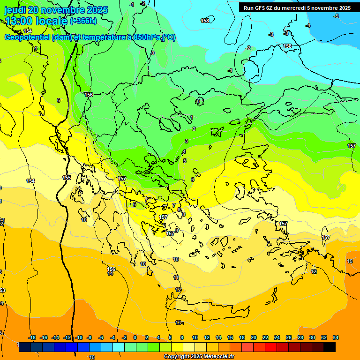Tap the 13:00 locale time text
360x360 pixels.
coord(36,21)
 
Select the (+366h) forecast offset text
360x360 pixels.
coord(83,21)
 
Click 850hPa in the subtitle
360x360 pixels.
coord(146,37)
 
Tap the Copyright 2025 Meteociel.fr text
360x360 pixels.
coord(199,357)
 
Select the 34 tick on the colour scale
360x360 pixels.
coord(336,337)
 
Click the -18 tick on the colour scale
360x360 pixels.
coord(32,337)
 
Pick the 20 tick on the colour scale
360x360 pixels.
coord(253,337)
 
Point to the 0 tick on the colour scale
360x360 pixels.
coord(135,337)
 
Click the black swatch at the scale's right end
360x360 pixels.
coord(330,347)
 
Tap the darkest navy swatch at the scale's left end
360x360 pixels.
coord(25,347)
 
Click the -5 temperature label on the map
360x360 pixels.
coord(336,16)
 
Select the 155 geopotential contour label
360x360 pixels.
coord(67,178)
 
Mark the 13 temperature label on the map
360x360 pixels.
coord(178,322)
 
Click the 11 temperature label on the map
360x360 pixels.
coord(176,278)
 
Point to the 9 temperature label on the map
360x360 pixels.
coord(177,230)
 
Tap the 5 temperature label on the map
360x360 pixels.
coord(185,161)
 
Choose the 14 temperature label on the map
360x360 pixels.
coord(111,273)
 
